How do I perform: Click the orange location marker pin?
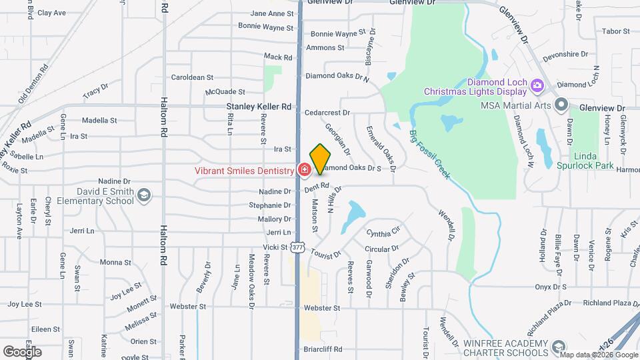coord(321,159)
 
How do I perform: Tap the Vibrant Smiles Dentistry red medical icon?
coord(304,171)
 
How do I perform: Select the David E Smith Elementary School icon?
coord(145,195)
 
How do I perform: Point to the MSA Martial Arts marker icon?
coord(561,105)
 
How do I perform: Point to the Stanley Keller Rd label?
coord(259,106)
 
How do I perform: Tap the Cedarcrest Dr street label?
coord(327,113)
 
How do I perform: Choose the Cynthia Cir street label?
coord(383,234)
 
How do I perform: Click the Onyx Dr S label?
coord(550,287)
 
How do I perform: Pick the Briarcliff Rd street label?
coord(323,349)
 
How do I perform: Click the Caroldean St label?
coord(192,77)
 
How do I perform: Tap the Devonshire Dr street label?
coord(565,53)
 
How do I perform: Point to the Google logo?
coord(22,351)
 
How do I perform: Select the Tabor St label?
coord(615,31)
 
